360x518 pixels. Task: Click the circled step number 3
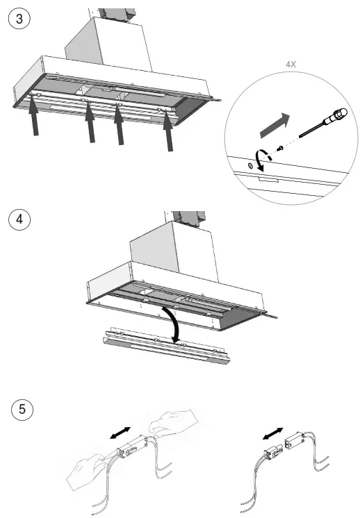pos(18,19)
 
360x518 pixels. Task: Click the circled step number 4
pos(18,219)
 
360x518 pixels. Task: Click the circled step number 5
pos(24,409)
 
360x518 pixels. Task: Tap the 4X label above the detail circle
pos(291,64)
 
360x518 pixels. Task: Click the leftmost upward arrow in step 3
pos(33,120)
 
